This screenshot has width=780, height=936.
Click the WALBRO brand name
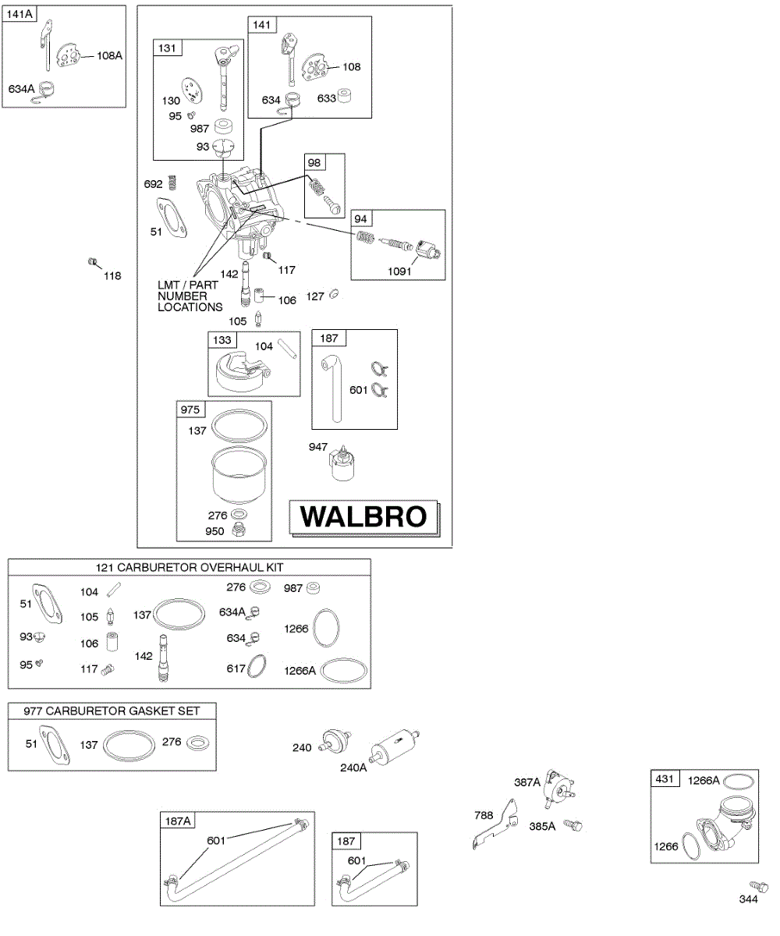[x=364, y=516]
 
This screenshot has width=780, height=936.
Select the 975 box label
[x=190, y=409]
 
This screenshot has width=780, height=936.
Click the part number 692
[x=153, y=184]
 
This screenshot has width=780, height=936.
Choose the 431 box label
[x=665, y=779]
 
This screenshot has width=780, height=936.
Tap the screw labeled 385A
[x=574, y=824]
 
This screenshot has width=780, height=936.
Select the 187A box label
[x=178, y=820]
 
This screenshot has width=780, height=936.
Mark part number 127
[x=315, y=296]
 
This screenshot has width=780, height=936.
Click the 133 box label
[x=222, y=340]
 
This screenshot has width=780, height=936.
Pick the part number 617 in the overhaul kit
[x=236, y=668]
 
